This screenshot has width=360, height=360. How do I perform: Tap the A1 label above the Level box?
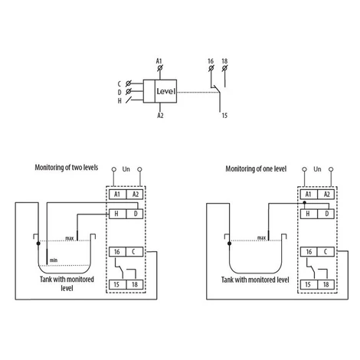point(159,61)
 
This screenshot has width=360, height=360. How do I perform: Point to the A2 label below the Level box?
point(160,116)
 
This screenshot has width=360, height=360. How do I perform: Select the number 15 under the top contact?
point(224,116)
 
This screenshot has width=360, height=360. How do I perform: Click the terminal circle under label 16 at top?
point(211,68)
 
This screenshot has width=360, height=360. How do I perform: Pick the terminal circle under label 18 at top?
point(224,68)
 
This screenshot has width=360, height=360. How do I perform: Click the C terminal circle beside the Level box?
point(129,83)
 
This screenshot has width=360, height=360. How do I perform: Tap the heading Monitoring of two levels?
point(67,168)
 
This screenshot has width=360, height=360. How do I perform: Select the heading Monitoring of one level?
point(256,169)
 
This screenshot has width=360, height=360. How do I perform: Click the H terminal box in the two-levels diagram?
point(118,214)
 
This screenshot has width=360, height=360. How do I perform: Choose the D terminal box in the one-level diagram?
point(326,214)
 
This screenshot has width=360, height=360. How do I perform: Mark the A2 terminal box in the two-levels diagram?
point(135,195)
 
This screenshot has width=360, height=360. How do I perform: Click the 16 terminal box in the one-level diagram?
point(309,252)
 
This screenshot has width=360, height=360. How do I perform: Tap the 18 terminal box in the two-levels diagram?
point(135,284)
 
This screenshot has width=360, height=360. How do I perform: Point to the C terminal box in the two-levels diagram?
point(135,252)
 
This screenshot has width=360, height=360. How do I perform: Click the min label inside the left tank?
point(54,260)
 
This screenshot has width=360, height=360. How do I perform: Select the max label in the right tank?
point(261,238)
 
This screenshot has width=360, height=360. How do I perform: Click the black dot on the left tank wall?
point(38,244)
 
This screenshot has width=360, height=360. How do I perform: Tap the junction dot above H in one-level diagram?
point(304,202)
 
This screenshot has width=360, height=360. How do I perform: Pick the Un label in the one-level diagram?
point(317,169)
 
